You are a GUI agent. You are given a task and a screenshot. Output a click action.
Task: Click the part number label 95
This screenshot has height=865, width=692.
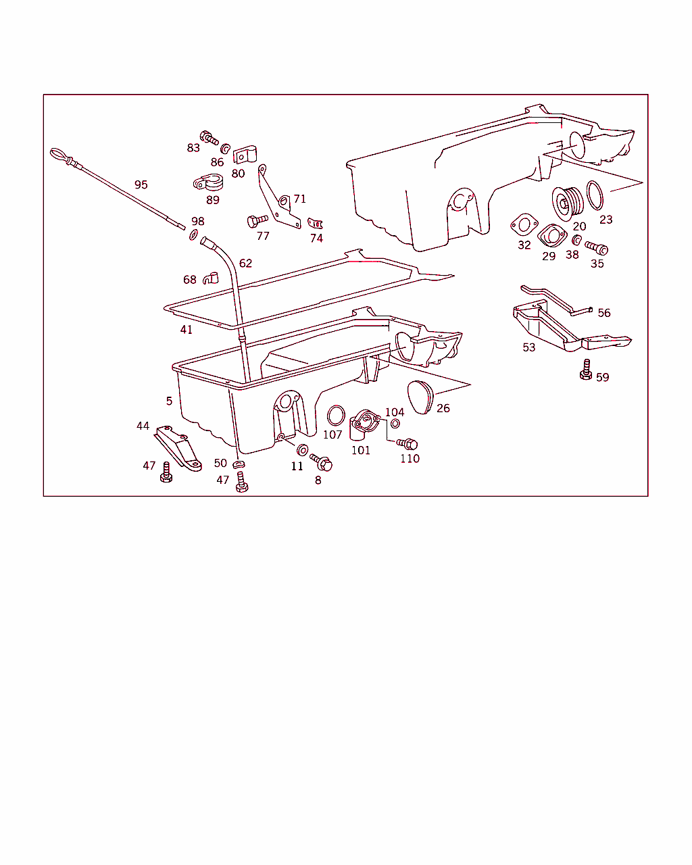click(141, 184)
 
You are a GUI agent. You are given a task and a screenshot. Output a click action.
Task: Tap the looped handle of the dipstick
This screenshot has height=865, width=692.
click(59, 155)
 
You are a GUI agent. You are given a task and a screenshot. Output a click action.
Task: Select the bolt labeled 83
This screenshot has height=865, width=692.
click(209, 137)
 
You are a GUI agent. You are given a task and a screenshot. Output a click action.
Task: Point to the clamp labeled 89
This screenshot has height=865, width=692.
click(208, 182)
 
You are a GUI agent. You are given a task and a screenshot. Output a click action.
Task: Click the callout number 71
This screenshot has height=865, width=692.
click(299, 199)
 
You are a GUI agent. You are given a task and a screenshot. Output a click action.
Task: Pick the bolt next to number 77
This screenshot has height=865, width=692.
click(257, 221)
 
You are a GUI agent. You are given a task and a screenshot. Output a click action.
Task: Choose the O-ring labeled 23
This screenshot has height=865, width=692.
click(595, 195)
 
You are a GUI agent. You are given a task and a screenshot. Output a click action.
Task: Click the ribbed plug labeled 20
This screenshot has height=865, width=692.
click(567, 203)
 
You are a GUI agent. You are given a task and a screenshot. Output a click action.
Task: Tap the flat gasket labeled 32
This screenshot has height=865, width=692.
click(524, 224)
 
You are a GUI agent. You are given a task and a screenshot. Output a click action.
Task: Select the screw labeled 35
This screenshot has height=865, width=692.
click(596, 247)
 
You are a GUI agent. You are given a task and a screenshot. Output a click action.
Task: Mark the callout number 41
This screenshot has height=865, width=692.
click(186, 330)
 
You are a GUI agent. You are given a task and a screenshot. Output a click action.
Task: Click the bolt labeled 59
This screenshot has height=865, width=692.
click(586, 370)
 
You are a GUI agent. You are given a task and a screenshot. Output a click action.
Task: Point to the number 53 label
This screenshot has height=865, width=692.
click(528, 347)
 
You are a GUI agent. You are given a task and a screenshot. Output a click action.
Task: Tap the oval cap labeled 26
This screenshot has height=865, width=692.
click(420, 397)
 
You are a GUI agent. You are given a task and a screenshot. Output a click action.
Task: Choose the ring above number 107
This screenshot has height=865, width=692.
click(336, 415)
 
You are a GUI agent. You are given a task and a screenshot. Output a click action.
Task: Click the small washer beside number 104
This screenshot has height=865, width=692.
click(395, 423)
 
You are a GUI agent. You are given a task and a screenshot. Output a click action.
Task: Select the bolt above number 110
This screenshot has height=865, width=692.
click(407, 444)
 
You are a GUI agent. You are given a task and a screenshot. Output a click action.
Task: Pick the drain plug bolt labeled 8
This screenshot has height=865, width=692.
click(321, 462)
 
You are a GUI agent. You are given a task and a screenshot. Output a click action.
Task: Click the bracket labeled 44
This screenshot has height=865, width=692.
click(178, 448)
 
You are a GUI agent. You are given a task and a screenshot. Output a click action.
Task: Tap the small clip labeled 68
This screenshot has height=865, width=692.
click(211, 278)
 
